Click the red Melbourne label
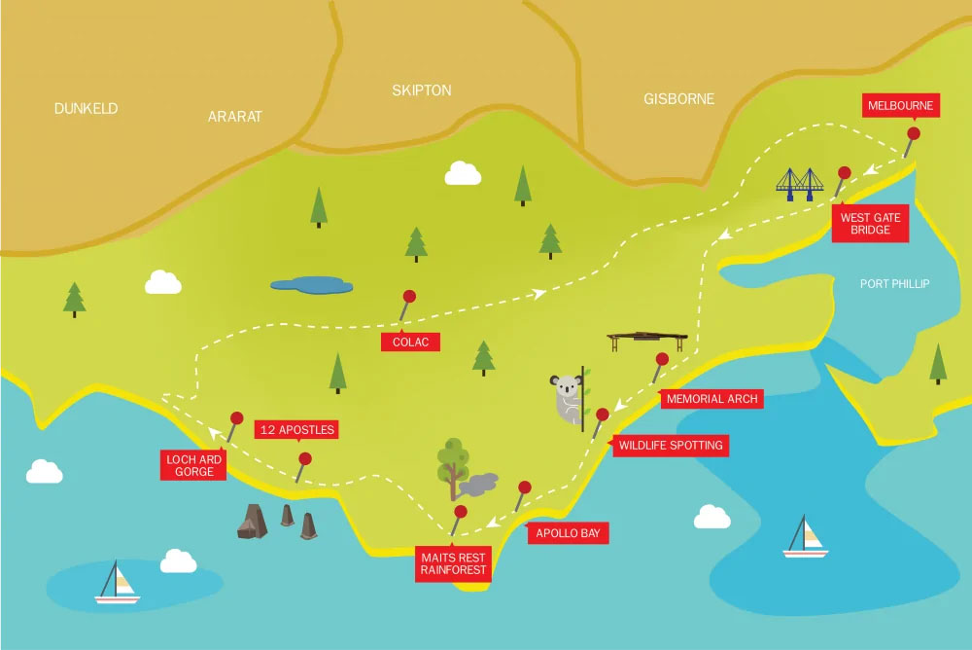[900, 105]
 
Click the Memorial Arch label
[711, 398]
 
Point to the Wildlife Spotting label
[670, 446]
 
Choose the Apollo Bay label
[568, 532]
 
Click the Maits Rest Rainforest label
[453, 563]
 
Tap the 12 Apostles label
[295, 429]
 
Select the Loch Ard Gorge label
[194, 465]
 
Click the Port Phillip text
[894, 284]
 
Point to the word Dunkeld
[86, 109]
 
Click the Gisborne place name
[678, 99]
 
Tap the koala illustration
[567, 396]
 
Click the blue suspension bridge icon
[800, 183]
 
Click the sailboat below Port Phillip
[806, 538]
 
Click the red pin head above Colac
[409, 296]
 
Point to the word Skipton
[421, 90]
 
